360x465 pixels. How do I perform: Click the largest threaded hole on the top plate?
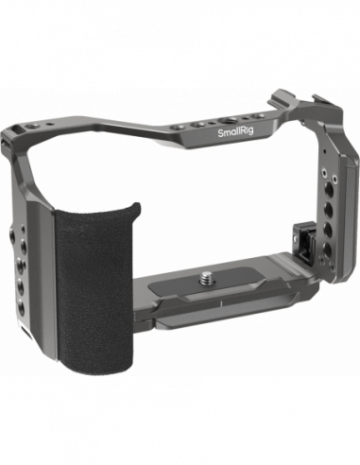pos(227,121)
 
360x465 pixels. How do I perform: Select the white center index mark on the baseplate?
pos(221,303)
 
